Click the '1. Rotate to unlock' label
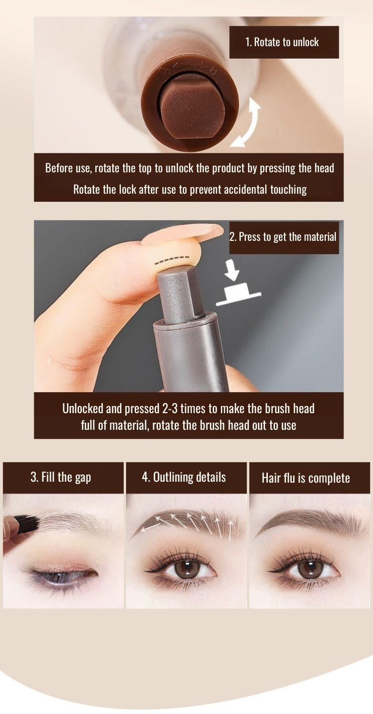coord(282,42)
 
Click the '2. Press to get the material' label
coord(283,237)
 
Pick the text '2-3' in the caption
coord(170,408)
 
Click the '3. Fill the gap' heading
coord(61,477)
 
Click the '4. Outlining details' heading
coord(184,477)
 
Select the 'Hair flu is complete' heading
coord(306,478)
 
